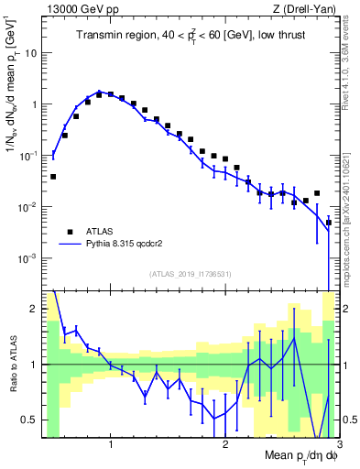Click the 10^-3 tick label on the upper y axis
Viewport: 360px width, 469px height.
[27, 259]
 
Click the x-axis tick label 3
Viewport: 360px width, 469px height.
[339, 447]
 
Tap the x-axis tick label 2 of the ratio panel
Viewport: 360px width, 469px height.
[225, 447]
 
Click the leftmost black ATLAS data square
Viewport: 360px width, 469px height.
[53, 176]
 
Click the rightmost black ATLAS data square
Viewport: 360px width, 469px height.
[329, 223]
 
